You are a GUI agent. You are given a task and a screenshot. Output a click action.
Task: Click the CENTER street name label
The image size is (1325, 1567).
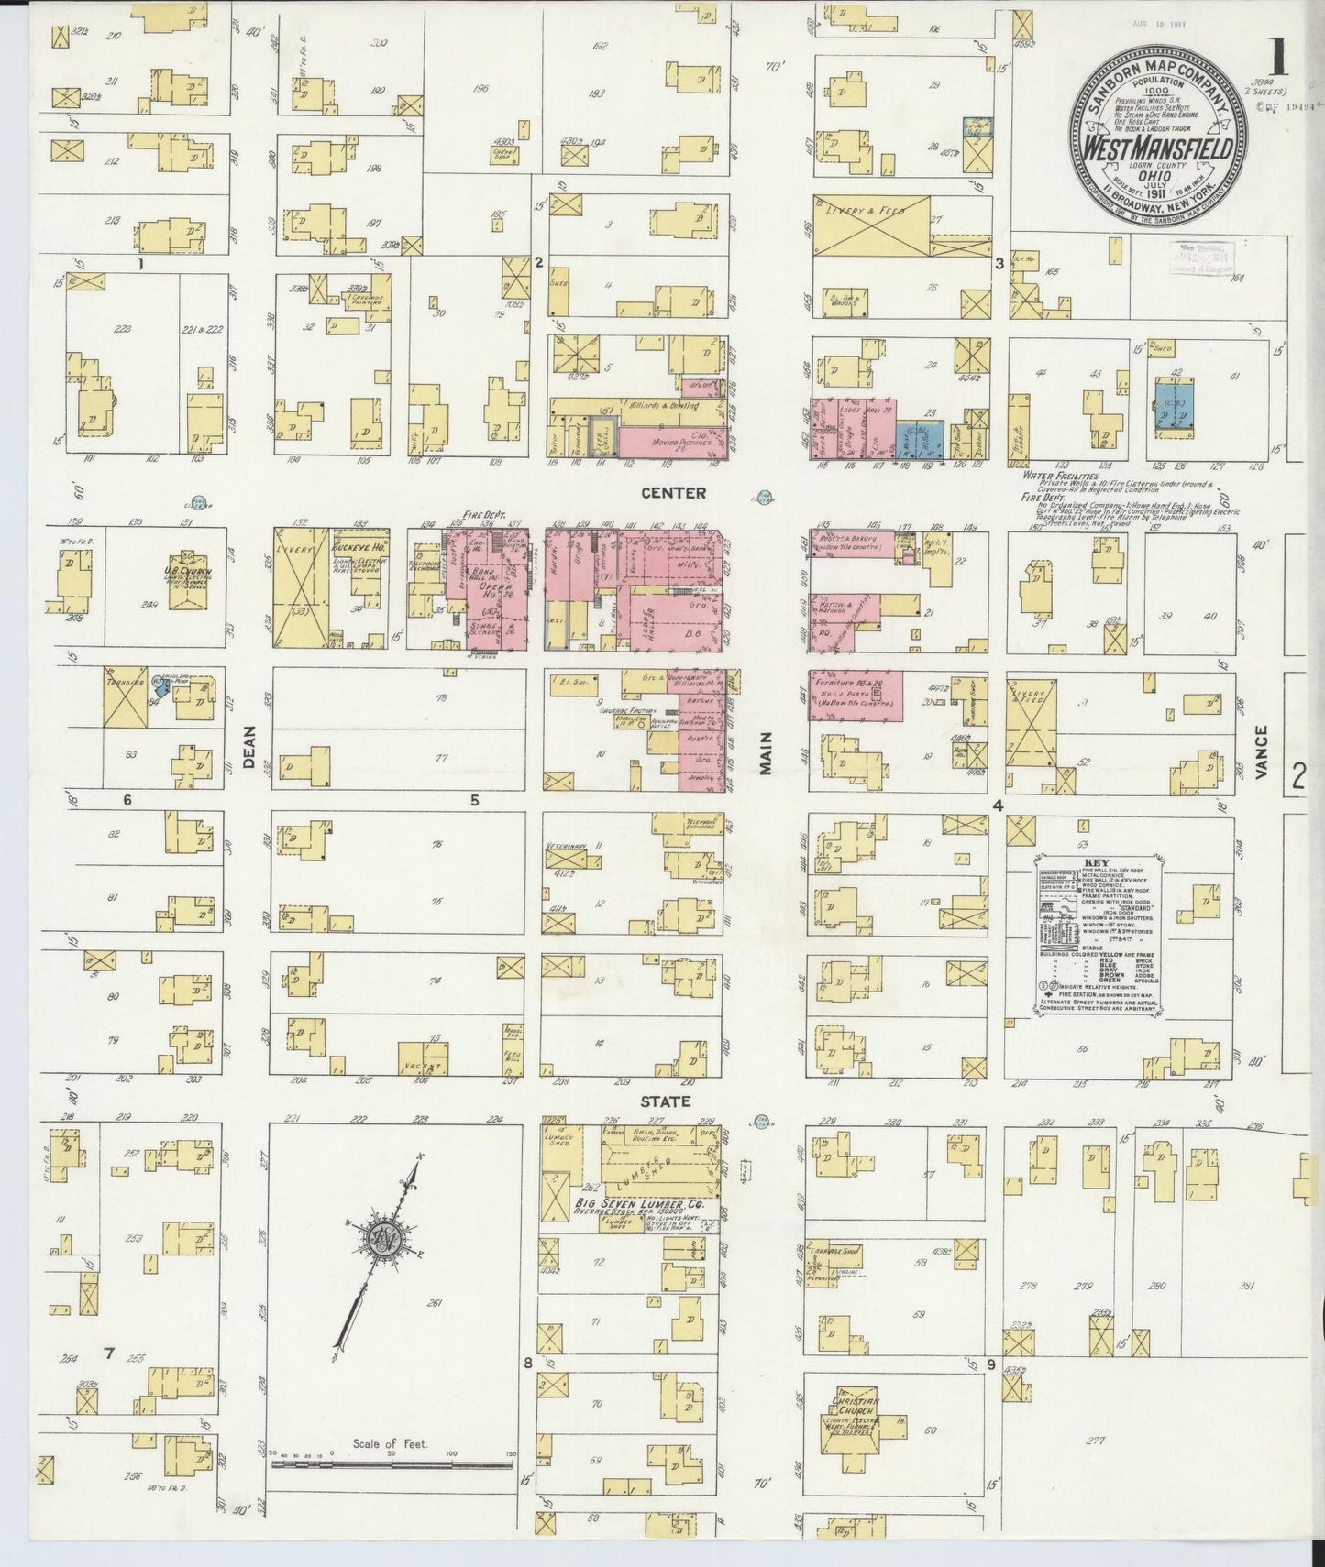[673, 493]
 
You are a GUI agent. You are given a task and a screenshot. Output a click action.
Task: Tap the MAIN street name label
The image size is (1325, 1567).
[766, 754]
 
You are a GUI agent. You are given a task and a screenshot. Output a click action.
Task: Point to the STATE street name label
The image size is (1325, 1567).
[673, 1101]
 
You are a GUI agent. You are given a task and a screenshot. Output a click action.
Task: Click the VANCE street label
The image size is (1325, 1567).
[1263, 752]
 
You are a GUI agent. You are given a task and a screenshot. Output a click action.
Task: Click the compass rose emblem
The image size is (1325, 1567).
[381, 1239]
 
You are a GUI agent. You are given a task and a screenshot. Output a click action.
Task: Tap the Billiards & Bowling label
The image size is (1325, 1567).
[654, 403]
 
